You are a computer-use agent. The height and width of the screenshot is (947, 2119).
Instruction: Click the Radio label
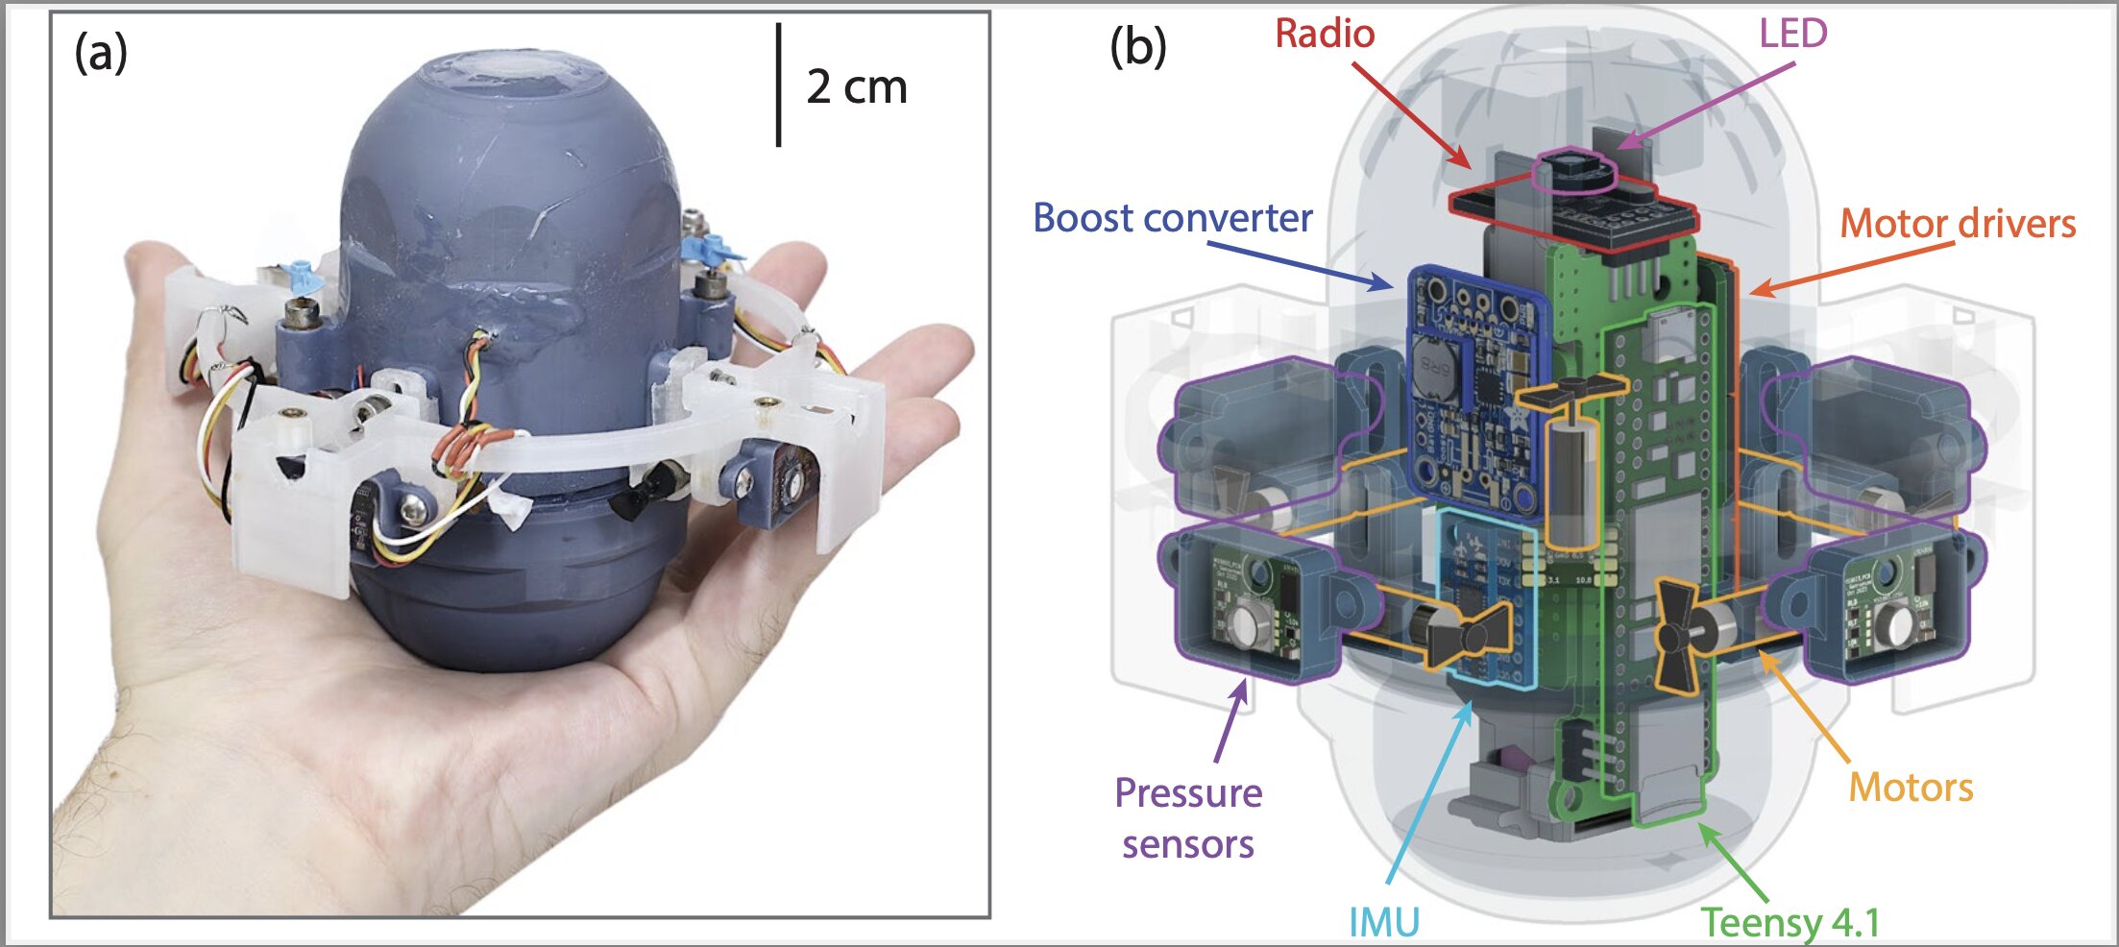coord(1325,35)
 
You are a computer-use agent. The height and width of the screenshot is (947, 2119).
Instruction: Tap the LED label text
coord(1792,35)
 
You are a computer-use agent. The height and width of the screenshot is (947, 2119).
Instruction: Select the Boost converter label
coord(1172,219)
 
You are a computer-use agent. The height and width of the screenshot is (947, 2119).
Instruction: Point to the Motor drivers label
coord(1958,225)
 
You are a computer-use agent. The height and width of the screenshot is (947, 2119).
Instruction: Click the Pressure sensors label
coord(1188,818)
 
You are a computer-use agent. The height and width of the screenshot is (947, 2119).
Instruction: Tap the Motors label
coord(1911,788)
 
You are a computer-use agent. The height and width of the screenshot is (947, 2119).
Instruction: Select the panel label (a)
coord(101,53)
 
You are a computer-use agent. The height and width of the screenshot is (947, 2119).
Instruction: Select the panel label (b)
coord(1138,47)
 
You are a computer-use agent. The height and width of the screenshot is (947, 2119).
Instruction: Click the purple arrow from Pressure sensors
coord(1231,720)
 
